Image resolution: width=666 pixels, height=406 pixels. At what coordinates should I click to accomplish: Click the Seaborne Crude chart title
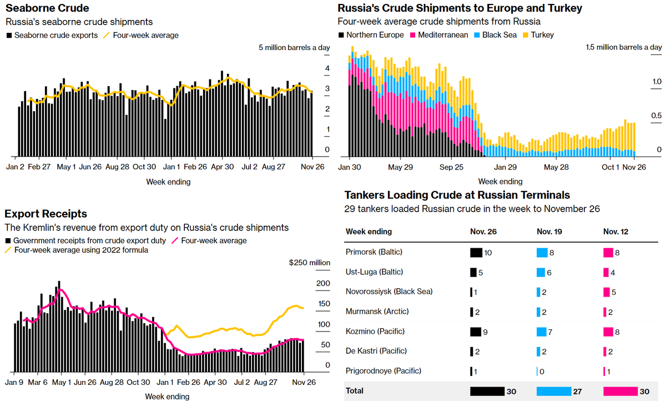[47, 8]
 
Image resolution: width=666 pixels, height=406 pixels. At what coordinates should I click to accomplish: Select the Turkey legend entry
[542, 35]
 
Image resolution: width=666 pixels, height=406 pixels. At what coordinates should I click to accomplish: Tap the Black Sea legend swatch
[479, 35]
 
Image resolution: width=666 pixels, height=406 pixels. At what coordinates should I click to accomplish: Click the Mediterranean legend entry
[438, 35]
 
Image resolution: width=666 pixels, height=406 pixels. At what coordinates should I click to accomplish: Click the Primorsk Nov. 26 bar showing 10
[476, 252]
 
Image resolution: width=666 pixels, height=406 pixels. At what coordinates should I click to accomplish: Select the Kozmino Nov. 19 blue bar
[542, 332]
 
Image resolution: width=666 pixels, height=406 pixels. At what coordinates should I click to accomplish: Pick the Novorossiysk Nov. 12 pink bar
[606, 292]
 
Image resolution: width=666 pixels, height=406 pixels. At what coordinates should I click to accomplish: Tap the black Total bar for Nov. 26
[487, 391]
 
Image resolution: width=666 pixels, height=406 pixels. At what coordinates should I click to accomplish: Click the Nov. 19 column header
[549, 232]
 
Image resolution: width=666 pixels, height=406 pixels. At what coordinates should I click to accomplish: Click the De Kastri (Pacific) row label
[376, 351]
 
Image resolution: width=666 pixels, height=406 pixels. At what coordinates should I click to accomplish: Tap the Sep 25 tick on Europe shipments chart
[451, 167]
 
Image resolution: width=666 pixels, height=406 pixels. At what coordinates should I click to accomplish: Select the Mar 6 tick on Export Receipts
[38, 382]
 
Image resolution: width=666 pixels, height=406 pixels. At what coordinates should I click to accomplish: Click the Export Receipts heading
[46, 214]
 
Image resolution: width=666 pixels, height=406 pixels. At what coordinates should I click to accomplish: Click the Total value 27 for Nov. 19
[577, 391]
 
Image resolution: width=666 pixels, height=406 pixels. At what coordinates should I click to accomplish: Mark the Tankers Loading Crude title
[457, 195]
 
